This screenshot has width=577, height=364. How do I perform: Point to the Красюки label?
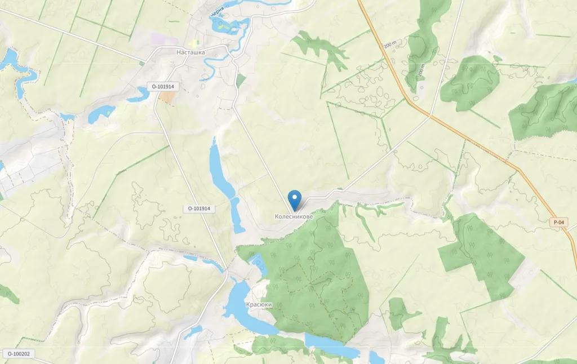[x=259, y=304]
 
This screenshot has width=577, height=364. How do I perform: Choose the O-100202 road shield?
[x=19, y=354]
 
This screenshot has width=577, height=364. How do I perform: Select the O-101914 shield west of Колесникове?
[x=199, y=208]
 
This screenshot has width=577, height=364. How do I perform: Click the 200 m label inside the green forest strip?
[x=421, y=71]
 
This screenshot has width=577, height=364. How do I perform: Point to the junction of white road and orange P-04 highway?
[x=430, y=117]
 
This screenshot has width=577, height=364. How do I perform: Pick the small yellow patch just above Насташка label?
[x=195, y=43]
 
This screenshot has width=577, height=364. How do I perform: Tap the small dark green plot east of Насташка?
[x=241, y=81]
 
